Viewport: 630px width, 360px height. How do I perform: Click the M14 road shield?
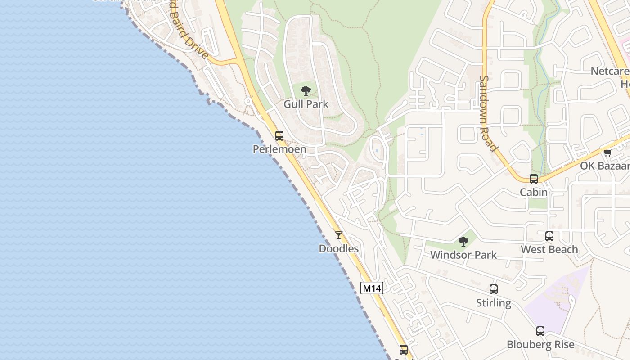pyautogui.click(x=372, y=288)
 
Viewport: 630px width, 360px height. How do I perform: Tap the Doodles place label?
pyautogui.click(x=339, y=248)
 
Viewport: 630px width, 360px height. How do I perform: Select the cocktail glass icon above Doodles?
pyautogui.click(x=339, y=235)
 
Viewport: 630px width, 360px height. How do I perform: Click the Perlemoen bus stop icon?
pyautogui.click(x=279, y=135)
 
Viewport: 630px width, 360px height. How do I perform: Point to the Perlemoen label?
pyautogui.click(x=279, y=149)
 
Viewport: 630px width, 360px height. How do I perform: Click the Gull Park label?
pyautogui.click(x=306, y=104)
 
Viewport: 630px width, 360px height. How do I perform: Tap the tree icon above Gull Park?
pyautogui.click(x=306, y=90)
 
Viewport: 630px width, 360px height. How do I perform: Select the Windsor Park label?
pyautogui.click(x=463, y=255)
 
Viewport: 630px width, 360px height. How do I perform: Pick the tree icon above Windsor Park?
pyautogui.click(x=463, y=242)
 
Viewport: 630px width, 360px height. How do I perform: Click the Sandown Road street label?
pyautogui.click(x=488, y=113)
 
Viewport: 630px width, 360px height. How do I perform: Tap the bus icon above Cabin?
pyautogui.click(x=534, y=179)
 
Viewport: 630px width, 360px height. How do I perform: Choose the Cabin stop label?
pyautogui.click(x=534, y=192)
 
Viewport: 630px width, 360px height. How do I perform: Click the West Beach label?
pyautogui.click(x=549, y=249)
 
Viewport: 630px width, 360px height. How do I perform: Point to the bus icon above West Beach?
pyautogui.click(x=549, y=236)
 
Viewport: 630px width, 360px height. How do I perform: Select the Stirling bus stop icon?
pyautogui.click(x=494, y=289)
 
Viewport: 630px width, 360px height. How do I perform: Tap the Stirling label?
pyautogui.click(x=494, y=303)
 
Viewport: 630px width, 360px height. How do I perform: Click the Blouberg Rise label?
pyautogui.click(x=540, y=345)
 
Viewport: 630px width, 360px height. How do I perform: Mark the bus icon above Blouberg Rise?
pyautogui.click(x=540, y=331)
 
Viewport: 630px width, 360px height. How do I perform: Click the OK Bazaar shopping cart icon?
pyautogui.click(x=608, y=153)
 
